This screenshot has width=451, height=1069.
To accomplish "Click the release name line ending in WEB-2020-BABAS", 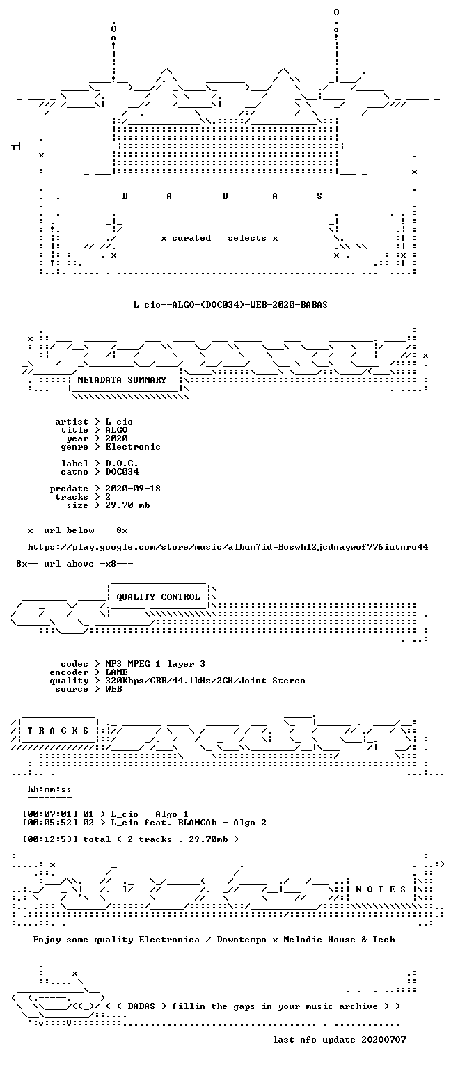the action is [x=230, y=304].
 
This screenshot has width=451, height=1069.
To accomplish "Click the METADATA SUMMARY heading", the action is [x=122, y=380].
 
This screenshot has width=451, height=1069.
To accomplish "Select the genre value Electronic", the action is [x=133, y=447].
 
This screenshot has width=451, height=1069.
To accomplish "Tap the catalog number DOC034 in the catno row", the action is [x=122, y=471].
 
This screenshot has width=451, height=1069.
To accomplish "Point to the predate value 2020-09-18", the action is [x=133, y=488].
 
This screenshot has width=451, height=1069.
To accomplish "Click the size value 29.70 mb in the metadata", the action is [x=127, y=505].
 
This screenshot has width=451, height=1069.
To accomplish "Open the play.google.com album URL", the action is [x=228, y=547].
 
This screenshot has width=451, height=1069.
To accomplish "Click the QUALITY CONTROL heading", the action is [x=158, y=597].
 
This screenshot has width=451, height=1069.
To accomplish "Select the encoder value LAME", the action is [x=116, y=672].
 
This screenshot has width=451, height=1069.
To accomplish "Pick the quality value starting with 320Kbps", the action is [x=205, y=681].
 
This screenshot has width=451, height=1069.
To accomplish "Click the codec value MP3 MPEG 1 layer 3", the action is [x=155, y=664].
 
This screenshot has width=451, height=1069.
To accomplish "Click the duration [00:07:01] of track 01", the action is [x=49, y=814].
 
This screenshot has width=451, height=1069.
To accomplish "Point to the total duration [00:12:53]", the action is [x=49, y=839].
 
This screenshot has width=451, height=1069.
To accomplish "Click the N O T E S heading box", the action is [x=381, y=889].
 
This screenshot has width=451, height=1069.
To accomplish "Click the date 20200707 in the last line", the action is [x=383, y=1039].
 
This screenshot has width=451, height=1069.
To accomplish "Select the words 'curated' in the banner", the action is [x=191, y=237].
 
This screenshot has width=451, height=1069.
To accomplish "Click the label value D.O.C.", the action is [x=122, y=464].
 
